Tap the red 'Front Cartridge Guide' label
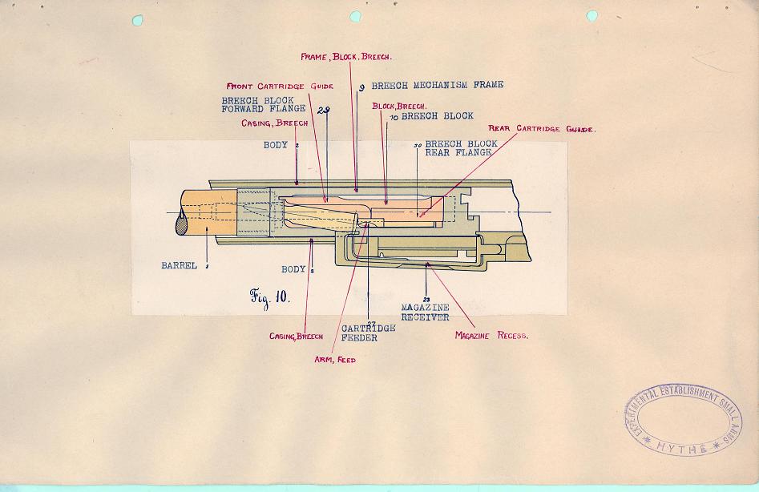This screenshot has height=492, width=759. pos(280,85)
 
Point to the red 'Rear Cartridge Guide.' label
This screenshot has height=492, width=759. pos(543,128)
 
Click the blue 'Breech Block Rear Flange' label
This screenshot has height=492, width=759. pos(460,148)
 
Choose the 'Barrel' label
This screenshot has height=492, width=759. pos(178,265)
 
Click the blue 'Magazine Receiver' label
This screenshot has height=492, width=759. pos(426,313)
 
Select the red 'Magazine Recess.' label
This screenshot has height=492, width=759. pos(491,335)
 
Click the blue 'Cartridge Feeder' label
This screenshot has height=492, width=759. pos(369,333)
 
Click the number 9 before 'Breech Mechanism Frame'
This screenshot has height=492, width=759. pos(362,87)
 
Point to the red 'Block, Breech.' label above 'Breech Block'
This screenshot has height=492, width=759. pos(399,106)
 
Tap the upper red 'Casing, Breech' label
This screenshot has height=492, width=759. pos(274,123)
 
